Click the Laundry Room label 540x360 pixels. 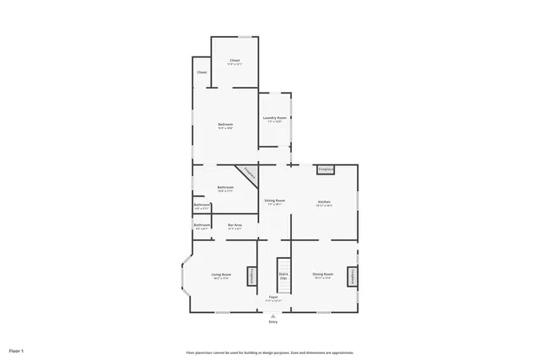(x=275, y=119)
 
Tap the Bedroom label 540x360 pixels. (x=225, y=126)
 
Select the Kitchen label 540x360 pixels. (x=324, y=202)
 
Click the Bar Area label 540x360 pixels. (x=235, y=225)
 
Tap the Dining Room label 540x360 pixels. (x=323, y=275)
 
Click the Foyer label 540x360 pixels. (x=273, y=298)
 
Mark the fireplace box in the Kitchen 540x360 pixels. (x=326, y=170)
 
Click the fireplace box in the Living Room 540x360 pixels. (x=251, y=277)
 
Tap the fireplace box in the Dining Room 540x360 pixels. (x=353, y=277)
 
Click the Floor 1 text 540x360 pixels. (x=16, y=350)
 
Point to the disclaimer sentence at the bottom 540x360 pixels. (x=270, y=352)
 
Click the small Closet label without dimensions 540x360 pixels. (x=202, y=73)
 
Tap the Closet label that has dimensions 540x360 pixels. (x=235, y=62)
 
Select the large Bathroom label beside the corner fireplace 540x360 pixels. (x=225, y=188)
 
